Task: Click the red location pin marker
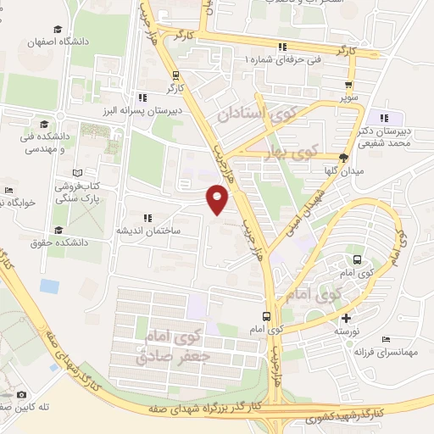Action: [219, 200]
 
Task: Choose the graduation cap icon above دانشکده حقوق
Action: [59, 230]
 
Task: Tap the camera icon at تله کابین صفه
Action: [20, 395]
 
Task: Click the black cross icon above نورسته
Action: [344, 318]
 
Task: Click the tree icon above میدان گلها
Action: [343, 157]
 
